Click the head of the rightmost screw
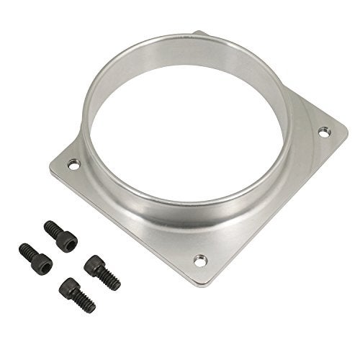(x=91, y=264)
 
